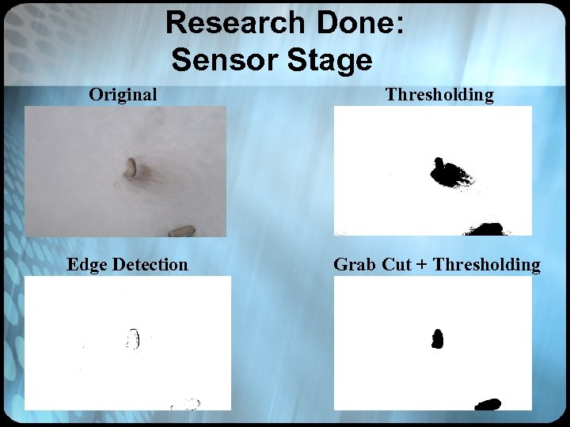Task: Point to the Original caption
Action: coord(123,95)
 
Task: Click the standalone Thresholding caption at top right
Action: coord(439,95)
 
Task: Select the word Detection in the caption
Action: coord(150,264)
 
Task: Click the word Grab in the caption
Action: coord(355,264)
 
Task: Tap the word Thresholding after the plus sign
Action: coord(487,264)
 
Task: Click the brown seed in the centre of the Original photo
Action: coord(131,168)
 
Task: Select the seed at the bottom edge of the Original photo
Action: coord(182,231)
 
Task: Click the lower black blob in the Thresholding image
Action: coord(484,229)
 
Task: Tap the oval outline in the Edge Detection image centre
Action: coord(133,339)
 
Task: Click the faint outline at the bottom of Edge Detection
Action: coord(186,404)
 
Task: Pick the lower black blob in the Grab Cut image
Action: coord(488,404)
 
